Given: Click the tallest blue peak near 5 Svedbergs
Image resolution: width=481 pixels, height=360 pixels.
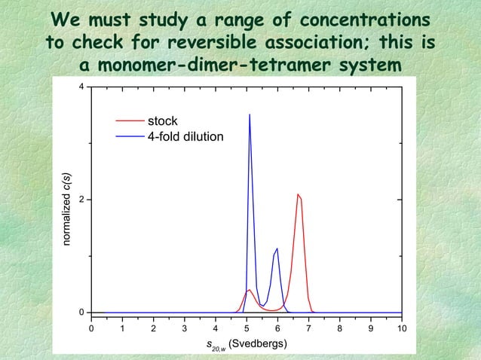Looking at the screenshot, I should (250, 116).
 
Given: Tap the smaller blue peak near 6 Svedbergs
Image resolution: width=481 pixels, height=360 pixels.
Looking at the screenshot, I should (277, 249).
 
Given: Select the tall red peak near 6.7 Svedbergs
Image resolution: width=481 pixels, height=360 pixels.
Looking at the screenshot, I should (299, 195).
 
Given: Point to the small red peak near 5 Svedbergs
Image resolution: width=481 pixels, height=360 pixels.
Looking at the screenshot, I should (249, 290).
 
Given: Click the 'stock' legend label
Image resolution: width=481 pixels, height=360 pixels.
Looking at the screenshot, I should (162, 121).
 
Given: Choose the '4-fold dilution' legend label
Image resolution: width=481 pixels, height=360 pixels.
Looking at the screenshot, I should (185, 136).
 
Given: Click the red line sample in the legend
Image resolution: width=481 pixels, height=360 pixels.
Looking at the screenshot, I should (128, 121).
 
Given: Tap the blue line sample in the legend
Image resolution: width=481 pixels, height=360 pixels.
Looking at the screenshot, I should (128, 136).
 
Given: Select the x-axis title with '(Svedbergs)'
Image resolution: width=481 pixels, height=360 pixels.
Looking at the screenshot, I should (246, 344).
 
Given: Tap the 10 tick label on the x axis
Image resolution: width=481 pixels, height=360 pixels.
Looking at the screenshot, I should (401, 328).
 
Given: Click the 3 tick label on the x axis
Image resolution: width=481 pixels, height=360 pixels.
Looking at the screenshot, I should (185, 328).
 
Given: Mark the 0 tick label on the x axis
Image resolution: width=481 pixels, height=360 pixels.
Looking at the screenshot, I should (92, 328).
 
